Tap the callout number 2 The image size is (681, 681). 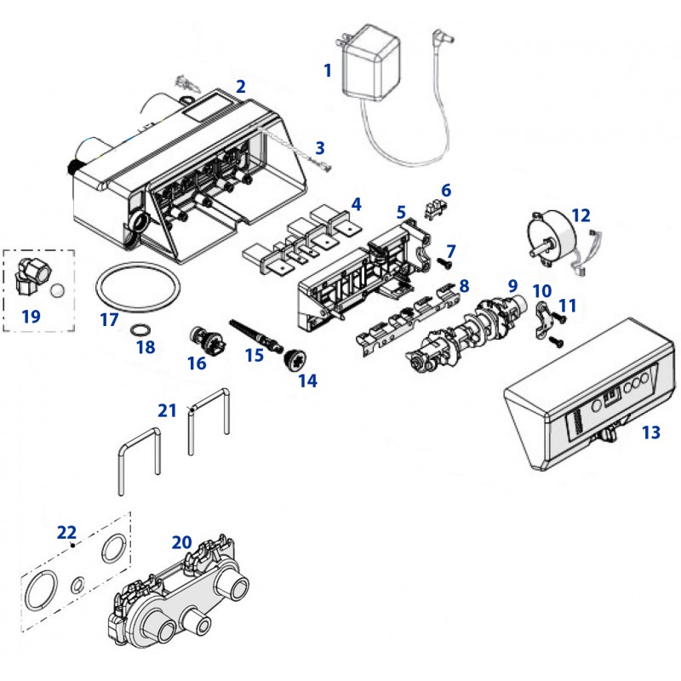pos(241,86)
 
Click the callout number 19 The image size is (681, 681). pos(31,316)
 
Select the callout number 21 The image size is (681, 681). pos(167,409)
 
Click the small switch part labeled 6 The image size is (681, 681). pos(435,207)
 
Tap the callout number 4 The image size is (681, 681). pos(356,204)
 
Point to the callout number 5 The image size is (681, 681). pos(401,209)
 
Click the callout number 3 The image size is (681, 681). pos(320,147)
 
